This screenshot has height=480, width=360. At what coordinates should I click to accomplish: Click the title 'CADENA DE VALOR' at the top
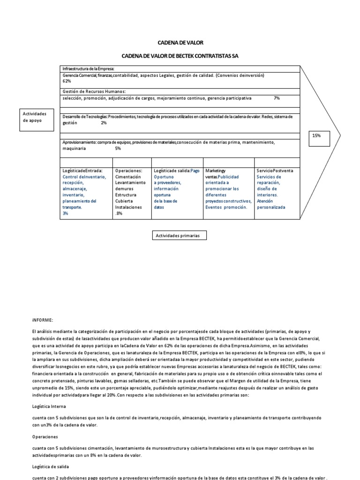pos(180,43)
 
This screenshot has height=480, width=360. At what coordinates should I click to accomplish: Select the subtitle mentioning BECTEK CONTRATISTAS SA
pos(180,56)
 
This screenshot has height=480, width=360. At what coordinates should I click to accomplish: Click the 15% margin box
pos(316,135)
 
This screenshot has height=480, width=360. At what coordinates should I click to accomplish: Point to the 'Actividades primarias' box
pos(180,236)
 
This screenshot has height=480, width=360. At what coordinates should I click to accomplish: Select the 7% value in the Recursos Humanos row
pos(277,98)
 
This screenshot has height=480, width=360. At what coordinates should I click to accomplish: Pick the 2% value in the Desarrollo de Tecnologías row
pos(104,123)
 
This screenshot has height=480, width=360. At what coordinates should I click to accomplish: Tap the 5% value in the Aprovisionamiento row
pos(118,148)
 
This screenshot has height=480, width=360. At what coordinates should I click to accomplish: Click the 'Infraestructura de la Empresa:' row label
pos(88,69)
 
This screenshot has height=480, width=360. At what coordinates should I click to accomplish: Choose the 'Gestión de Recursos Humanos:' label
pos(94,91)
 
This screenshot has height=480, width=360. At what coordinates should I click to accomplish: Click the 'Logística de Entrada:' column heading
pos(82,171)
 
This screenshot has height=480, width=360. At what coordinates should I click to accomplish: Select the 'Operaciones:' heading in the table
pos(128,171)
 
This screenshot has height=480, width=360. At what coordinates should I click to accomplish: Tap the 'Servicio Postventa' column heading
pos(275,171)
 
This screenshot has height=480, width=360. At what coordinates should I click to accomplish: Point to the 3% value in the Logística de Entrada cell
pos(65,213)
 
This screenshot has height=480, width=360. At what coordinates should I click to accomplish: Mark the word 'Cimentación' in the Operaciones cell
pos(128,177)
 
